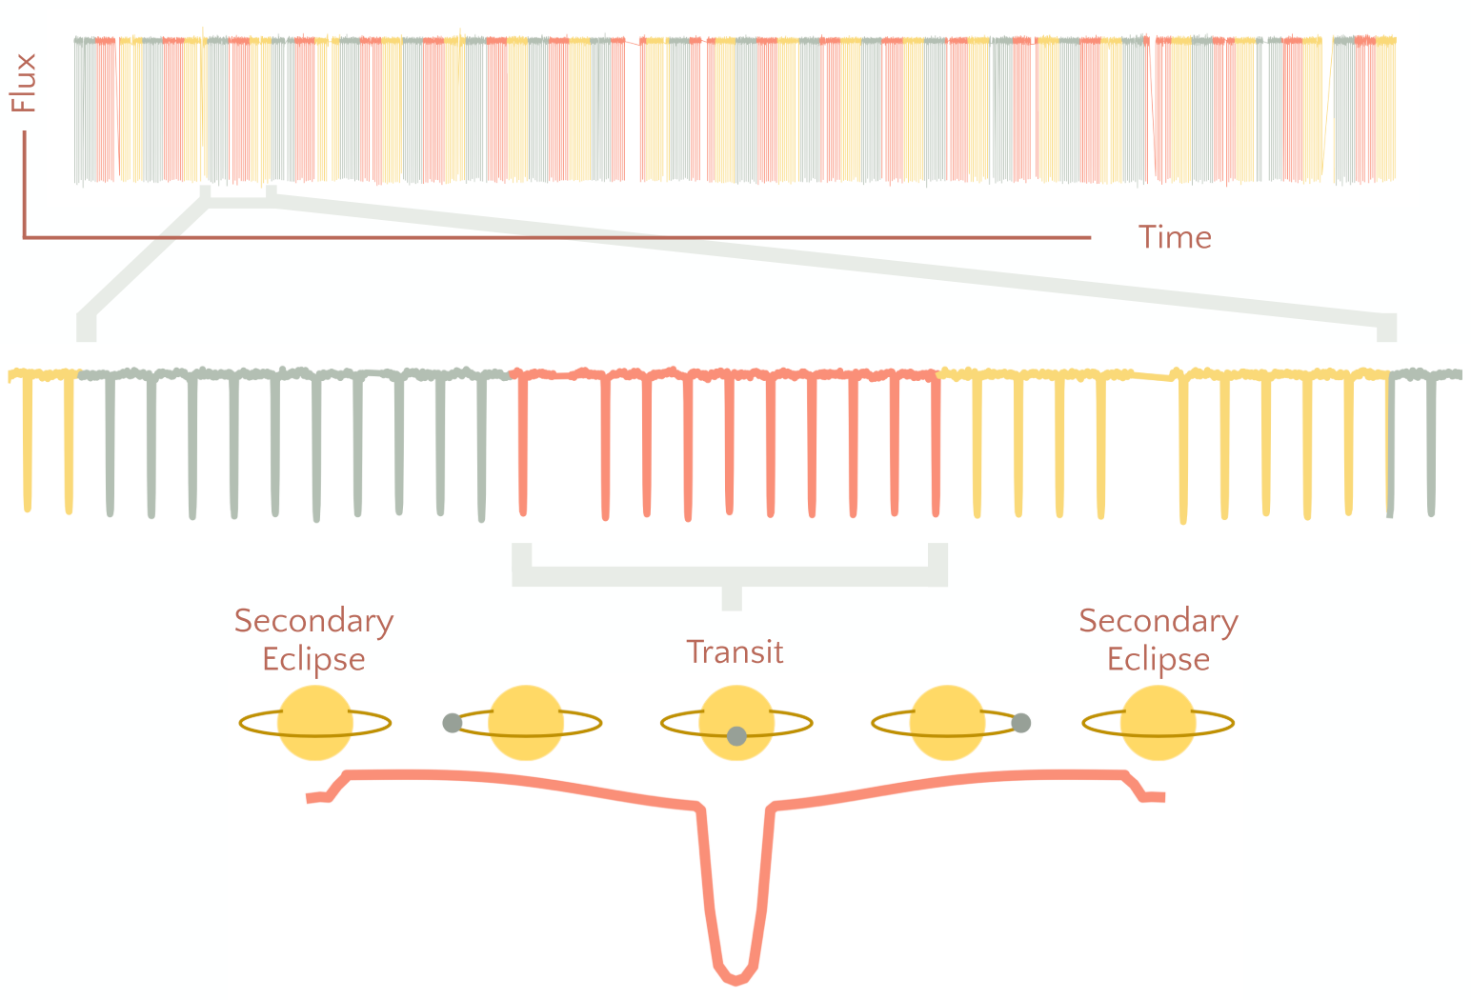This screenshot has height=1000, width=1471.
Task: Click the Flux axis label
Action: pyautogui.click(x=23, y=84)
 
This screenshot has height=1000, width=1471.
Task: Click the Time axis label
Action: pyautogui.click(x=1175, y=237)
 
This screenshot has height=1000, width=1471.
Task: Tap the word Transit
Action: pyautogui.click(x=735, y=652)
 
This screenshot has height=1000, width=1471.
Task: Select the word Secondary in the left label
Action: pyautogui.click(x=313, y=621)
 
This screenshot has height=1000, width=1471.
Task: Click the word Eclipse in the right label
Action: pyautogui.click(x=1159, y=659)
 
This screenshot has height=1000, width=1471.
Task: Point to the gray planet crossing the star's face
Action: pyautogui.click(x=736, y=736)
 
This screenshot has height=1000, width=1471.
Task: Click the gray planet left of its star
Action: pyautogui.click(x=453, y=724)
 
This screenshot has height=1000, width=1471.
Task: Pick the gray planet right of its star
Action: pyautogui.click(x=1021, y=723)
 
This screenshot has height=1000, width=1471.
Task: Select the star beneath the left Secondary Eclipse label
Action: pyautogui.click(x=315, y=723)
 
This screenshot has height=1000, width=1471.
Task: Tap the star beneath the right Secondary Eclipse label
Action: pyautogui.click(x=1159, y=723)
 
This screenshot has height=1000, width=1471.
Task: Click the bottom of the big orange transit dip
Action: pyautogui.click(x=735, y=981)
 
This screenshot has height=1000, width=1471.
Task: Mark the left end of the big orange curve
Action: pyautogui.click(x=308, y=798)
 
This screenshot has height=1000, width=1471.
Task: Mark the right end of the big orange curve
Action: pyautogui.click(x=1163, y=797)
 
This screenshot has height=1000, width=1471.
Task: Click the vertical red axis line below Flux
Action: pyautogui.click(x=25, y=184)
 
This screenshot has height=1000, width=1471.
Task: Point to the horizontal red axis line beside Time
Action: pyautogui.click(x=557, y=237)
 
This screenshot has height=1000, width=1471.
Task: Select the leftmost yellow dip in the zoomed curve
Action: pyautogui.click(x=27, y=443)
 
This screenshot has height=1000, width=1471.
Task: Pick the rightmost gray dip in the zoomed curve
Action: pyautogui.click(x=1431, y=444)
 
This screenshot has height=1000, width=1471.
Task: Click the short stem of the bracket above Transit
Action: pyautogui.click(x=732, y=598)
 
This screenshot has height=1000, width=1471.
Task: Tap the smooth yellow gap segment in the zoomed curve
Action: pyautogui.click(x=1153, y=377)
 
